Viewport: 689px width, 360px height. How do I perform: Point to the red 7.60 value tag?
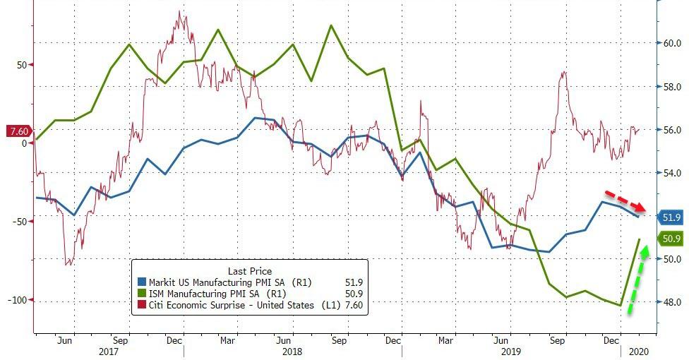(x=17, y=131)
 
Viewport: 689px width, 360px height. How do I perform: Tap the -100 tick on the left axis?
(x=17, y=300)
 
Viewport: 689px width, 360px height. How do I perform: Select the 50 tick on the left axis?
(x=22, y=65)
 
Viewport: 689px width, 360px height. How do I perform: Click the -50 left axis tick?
(x=19, y=222)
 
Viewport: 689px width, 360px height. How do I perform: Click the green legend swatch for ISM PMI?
(x=142, y=294)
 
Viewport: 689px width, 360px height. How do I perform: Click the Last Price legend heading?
(x=250, y=271)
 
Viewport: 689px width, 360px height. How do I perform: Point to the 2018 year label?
(x=292, y=351)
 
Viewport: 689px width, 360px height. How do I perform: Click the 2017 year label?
(x=108, y=351)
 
